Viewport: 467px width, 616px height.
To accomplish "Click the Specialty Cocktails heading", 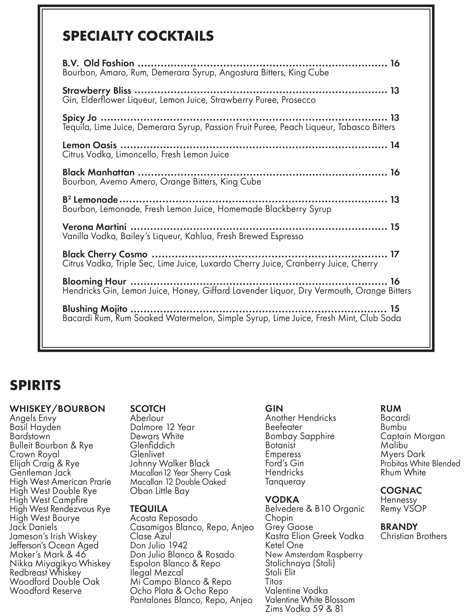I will coord(138,36).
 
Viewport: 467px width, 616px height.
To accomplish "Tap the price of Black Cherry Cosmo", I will coord(395,254).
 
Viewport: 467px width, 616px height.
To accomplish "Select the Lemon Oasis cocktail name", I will coord(90,145).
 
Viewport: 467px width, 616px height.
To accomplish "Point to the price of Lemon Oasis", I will coord(395,145).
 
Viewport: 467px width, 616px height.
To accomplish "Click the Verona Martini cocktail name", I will coord(94,227).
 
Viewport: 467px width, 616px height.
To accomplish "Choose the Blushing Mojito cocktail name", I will coord(95,309).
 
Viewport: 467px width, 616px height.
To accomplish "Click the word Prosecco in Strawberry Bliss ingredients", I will coord(299,100).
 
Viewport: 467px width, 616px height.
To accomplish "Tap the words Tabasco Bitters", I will coord(366,127).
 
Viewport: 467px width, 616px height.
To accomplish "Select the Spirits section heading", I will coord(35,385).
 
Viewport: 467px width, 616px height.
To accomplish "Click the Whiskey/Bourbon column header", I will coord(57,409).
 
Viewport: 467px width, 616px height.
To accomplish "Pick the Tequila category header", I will coord(149,509).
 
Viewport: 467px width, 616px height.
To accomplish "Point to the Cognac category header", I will coord(401,490).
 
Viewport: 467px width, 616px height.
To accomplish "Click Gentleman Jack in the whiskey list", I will coord(40,473).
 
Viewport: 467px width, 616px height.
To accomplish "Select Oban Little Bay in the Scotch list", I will coord(160,491).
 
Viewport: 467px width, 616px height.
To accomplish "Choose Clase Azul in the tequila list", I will coord(151,536).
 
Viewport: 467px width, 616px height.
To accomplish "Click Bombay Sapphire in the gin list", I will coord(300,436).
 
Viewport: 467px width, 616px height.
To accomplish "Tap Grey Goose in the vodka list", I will coord(289,527).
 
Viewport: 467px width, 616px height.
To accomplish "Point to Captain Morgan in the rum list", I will coord(412,436).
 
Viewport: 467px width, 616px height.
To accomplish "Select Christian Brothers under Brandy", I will coord(414,536).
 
